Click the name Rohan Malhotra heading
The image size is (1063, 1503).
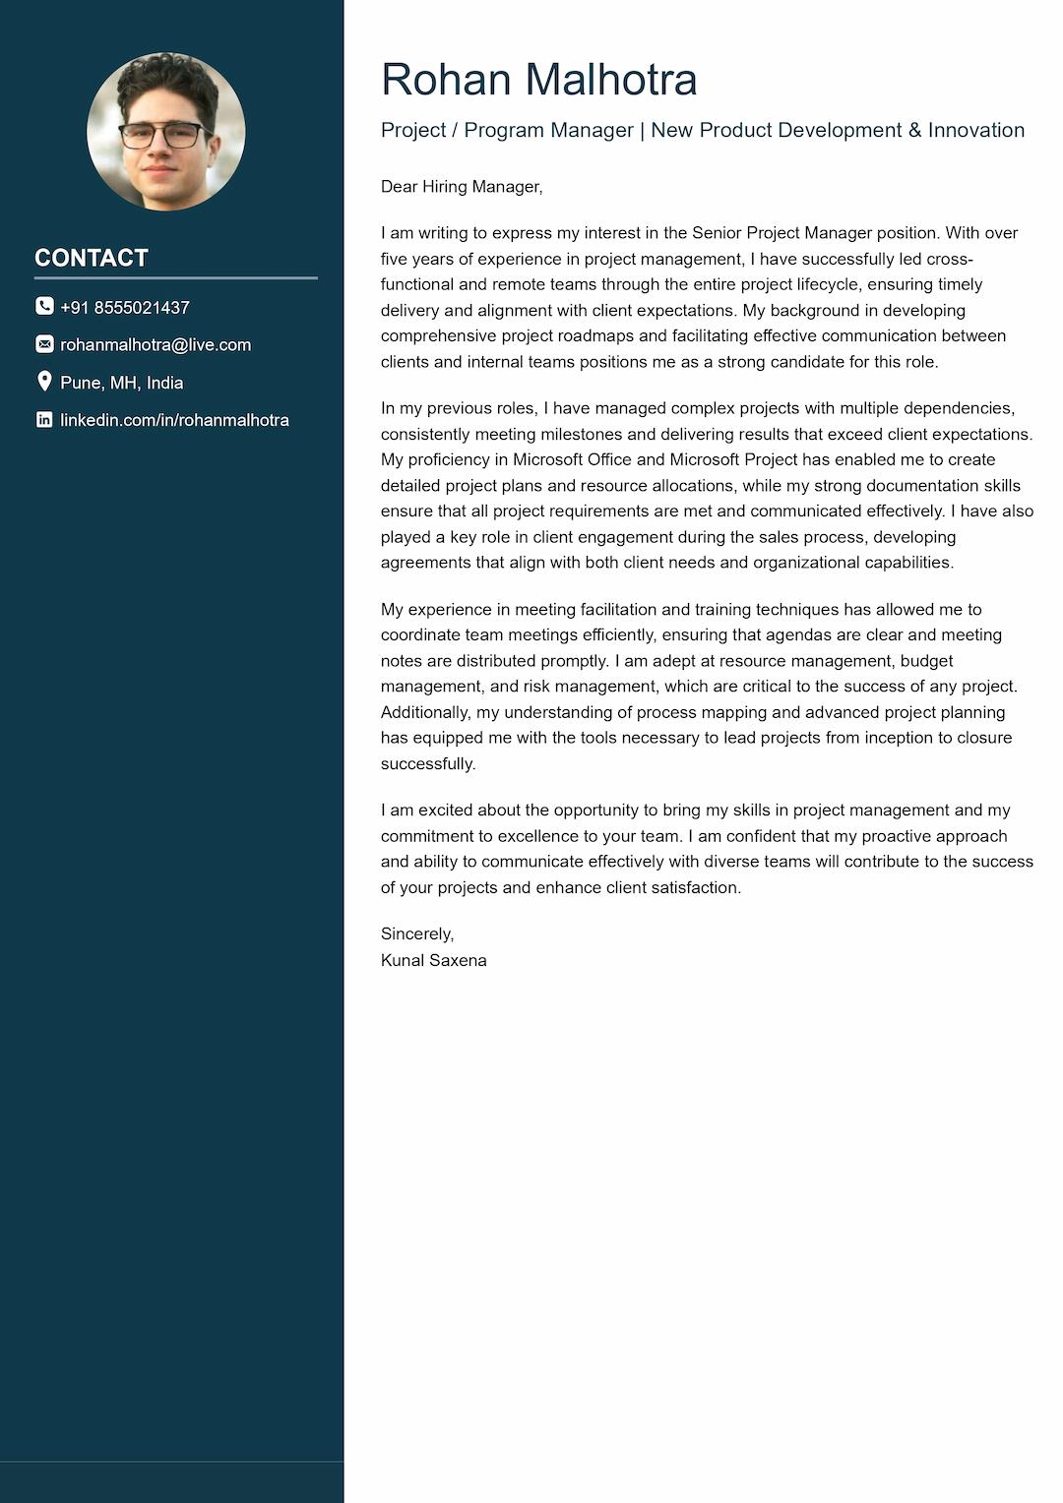[x=538, y=80]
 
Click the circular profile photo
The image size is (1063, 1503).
[x=165, y=132]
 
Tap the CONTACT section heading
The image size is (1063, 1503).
[x=92, y=258]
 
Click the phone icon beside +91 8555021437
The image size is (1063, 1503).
[x=44, y=306]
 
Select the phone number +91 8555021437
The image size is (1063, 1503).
[x=125, y=308]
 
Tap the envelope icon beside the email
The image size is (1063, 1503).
[x=44, y=344]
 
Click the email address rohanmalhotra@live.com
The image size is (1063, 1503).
[x=156, y=345]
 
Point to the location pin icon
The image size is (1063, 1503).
[x=44, y=382]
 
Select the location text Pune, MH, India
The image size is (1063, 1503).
[x=122, y=383]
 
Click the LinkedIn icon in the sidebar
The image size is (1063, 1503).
[x=44, y=419]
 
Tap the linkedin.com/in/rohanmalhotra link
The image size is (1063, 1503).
[x=174, y=420]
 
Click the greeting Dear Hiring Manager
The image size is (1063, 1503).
[x=462, y=187]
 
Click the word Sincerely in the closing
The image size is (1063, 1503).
[x=416, y=933]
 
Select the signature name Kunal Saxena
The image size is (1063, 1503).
[x=433, y=960]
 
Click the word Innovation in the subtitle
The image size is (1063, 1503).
[x=975, y=130]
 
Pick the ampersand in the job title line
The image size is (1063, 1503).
[x=913, y=130]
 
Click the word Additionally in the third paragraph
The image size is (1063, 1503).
[x=425, y=712]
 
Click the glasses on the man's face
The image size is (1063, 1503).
[x=161, y=136]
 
